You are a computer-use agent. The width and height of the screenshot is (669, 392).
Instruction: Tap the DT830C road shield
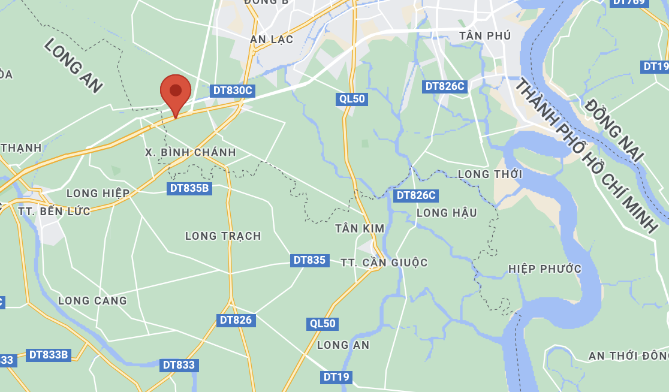tap(233, 91)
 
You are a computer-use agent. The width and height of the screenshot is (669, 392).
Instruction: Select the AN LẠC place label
tap(272, 40)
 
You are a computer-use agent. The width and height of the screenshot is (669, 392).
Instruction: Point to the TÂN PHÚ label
tap(485, 36)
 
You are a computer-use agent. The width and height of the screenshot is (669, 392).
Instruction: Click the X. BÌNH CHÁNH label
tap(191, 152)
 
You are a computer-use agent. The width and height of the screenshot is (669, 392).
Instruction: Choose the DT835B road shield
tap(189, 188)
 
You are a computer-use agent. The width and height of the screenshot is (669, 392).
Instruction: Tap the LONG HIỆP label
tap(98, 193)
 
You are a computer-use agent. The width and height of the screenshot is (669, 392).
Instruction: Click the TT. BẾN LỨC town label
tap(54, 212)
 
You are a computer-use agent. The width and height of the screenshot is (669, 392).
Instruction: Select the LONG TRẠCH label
tap(223, 236)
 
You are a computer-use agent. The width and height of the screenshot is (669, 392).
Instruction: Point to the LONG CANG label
tap(92, 301)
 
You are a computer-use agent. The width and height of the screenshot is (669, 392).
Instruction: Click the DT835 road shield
tap(309, 260)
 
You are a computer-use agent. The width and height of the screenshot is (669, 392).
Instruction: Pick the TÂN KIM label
tap(360, 228)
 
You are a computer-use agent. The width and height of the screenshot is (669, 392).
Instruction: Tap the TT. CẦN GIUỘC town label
tap(384, 263)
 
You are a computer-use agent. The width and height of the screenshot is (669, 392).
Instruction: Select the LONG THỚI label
tap(490, 174)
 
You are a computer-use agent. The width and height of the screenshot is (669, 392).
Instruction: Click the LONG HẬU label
tap(447, 213)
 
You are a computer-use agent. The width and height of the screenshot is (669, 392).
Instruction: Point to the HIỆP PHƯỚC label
tap(544, 269)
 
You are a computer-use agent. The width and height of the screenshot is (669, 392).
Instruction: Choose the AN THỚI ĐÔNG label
tap(628, 356)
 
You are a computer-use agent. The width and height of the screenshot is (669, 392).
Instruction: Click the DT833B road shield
tap(49, 355)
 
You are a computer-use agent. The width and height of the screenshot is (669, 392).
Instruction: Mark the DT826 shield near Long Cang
tap(236, 320)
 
